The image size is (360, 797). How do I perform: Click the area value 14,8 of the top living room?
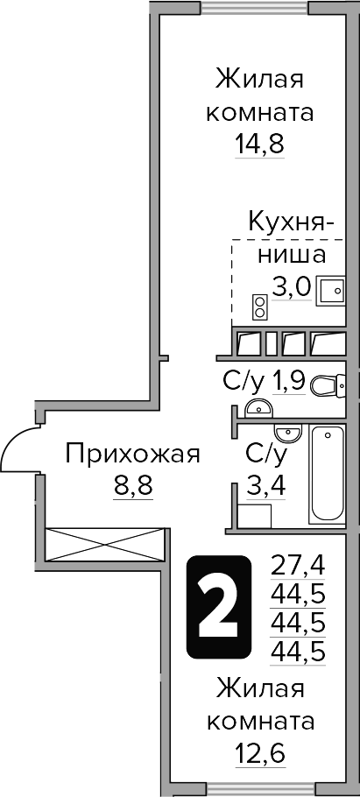coord(260,143)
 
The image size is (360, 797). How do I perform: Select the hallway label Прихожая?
coord(133,454)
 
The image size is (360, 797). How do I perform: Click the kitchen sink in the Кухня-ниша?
coord(331,287)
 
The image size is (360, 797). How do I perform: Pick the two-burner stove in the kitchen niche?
coord(260,307)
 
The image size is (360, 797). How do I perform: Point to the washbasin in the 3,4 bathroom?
coord(286,433)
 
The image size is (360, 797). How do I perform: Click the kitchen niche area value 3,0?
coord(291,286)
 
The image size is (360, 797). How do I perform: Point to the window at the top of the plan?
coord(255,7)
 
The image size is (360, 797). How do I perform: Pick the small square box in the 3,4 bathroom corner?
coord(251,513)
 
